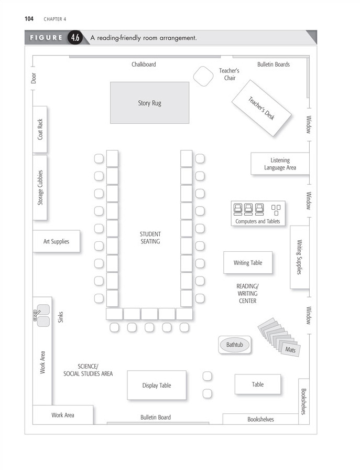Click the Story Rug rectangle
click(x=149, y=103)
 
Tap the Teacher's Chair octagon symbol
click(x=202, y=76)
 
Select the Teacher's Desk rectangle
click(x=261, y=108)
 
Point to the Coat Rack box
click(x=40, y=129)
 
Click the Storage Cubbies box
click(x=40, y=187)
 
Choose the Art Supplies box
click(x=56, y=241)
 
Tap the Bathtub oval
click(x=234, y=345)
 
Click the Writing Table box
click(x=248, y=262)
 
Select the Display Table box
click(x=157, y=385)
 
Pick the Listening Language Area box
click(x=280, y=164)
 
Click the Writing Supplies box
click(x=299, y=257)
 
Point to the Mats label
click(x=290, y=349)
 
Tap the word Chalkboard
click(x=144, y=65)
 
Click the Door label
click(x=34, y=78)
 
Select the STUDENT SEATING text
click(x=150, y=238)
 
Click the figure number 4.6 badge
click(x=75, y=38)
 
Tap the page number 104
click(x=29, y=19)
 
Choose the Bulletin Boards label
click(x=274, y=65)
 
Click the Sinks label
click(x=61, y=317)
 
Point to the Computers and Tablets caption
click(x=258, y=221)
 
